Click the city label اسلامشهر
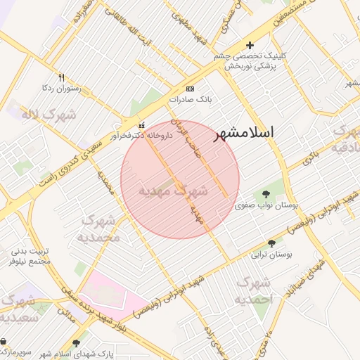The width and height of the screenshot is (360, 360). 243,131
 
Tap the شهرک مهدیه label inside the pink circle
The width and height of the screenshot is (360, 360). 173,191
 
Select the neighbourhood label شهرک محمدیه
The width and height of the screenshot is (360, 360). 101,229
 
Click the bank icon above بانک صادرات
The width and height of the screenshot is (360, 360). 190,89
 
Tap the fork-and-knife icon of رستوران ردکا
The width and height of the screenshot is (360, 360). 62,77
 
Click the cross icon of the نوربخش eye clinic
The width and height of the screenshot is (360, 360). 250,46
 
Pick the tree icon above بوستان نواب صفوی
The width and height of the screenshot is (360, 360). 266,194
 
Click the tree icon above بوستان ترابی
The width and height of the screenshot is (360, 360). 272,243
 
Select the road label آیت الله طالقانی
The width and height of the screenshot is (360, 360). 127,27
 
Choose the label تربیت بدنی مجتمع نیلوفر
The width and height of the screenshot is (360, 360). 30,257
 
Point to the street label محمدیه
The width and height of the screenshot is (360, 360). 106,185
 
